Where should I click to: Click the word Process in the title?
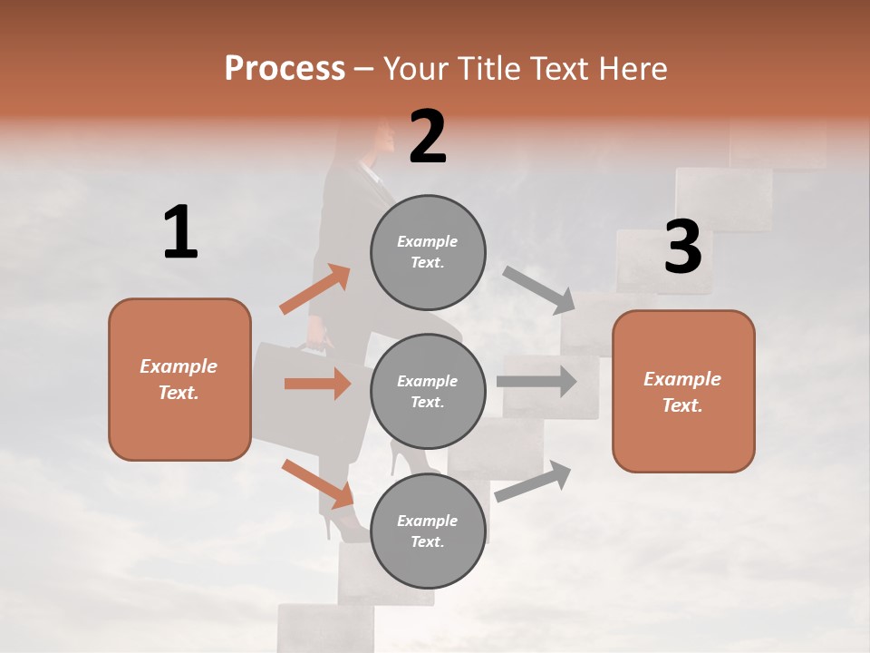point(285,68)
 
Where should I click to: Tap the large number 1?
point(180,233)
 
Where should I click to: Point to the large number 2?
point(428,137)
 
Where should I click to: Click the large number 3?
point(682,247)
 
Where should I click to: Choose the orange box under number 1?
point(179,379)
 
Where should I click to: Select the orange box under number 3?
point(683,391)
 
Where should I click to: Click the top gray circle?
point(428,252)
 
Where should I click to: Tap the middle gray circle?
point(428,391)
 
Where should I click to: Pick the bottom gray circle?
point(428,531)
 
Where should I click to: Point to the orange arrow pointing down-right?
point(317,483)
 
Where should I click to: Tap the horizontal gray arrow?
point(536,380)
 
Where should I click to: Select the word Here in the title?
point(633,68)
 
